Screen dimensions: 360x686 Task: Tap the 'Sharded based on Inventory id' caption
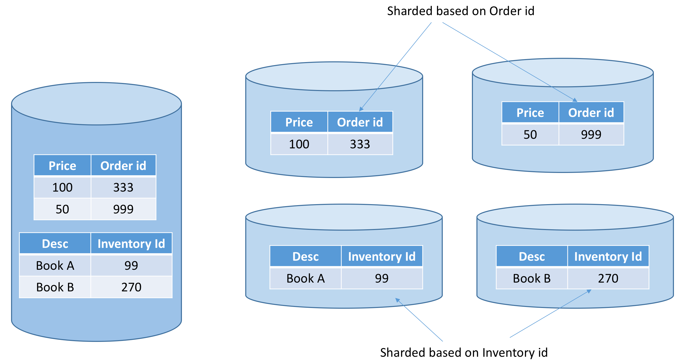(464, 352)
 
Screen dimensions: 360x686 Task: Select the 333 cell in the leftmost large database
(123, 187)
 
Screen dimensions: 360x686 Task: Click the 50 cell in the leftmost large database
(62, 209)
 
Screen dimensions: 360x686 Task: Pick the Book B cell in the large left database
(55, 287)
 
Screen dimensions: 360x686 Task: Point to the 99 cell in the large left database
(131, 265)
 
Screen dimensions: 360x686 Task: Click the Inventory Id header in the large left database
(131, 244)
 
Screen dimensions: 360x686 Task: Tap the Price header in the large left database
(62, 166)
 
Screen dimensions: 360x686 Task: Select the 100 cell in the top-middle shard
(299, 144)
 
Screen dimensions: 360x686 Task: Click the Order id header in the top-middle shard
(360, 122)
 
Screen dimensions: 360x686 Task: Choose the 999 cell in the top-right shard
(591, 134)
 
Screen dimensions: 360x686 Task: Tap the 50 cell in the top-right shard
(530, 134)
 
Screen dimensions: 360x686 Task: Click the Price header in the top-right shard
(530, 113)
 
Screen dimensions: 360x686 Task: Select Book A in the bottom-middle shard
(306, 279)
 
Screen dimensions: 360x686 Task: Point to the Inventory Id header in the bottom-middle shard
(382, 256)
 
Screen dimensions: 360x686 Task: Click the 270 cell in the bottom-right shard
(608, 279)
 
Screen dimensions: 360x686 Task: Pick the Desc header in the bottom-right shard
(531, 256)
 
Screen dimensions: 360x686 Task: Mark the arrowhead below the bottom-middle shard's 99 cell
(397, 300)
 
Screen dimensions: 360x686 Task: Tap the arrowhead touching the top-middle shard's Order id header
(361, 109)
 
